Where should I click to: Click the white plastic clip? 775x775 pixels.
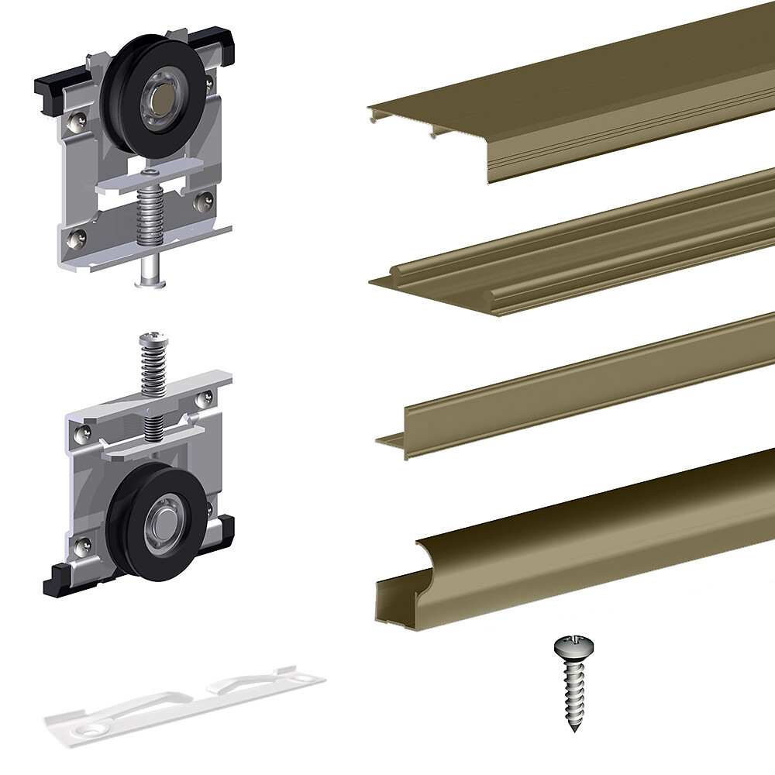click(186, 701)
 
